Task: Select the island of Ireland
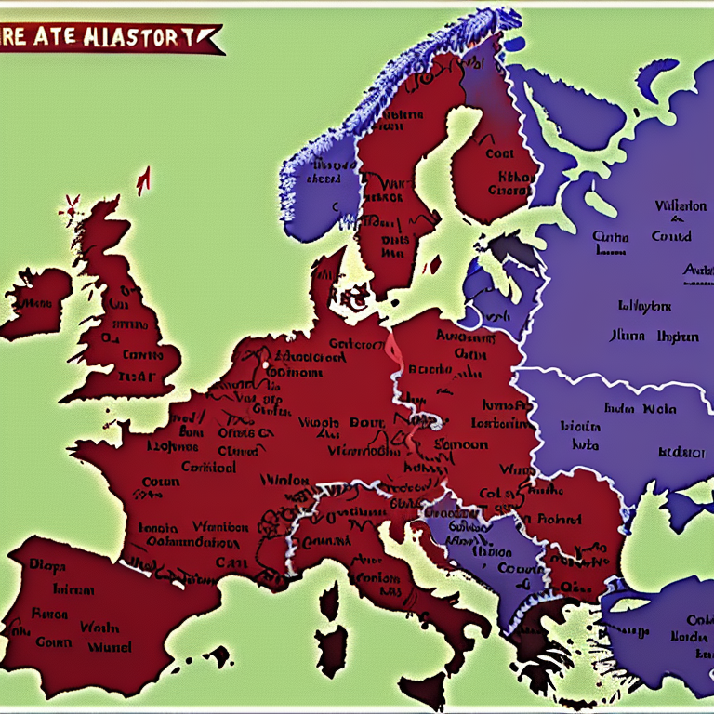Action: click(x=35, y=307)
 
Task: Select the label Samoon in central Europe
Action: click(x=456, y=445)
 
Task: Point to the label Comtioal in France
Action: click(x=207, y=467)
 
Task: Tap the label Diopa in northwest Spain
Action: click(x=46, y=563)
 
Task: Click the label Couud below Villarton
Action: click(x=670, y=236)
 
